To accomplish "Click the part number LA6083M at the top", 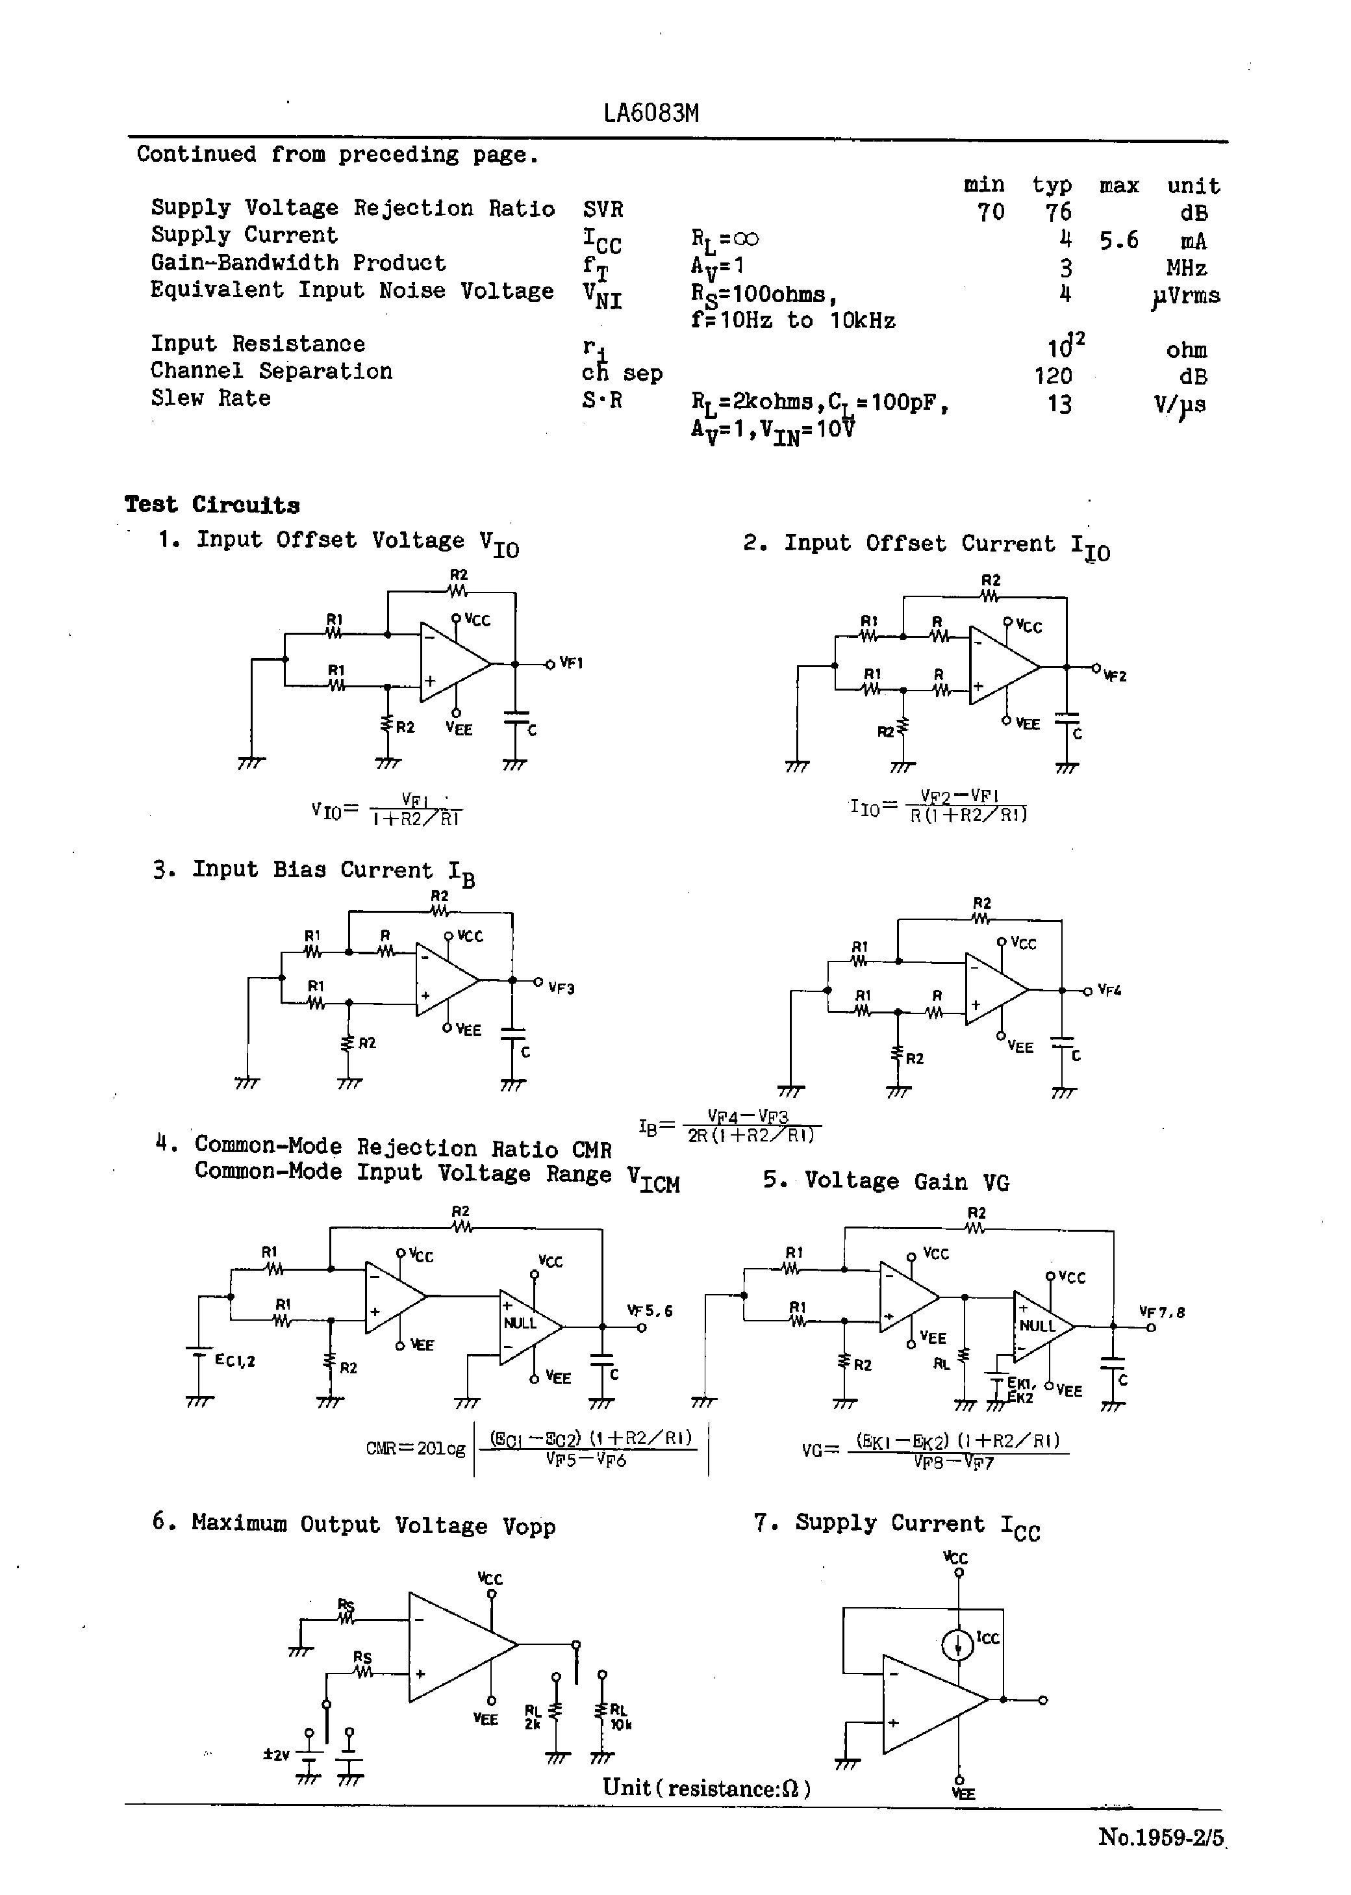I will click(651, 113).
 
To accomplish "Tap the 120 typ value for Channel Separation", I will click(1052, 377).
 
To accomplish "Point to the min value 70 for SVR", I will click(990, 213).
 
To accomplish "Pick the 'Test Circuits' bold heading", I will click(212, 505).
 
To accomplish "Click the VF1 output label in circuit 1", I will click(571, 663).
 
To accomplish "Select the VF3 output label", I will click(562, 988).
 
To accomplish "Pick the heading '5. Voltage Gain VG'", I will click(886, 1182).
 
